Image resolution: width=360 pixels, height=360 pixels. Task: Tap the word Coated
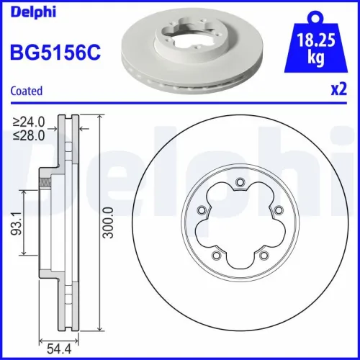(25, 91)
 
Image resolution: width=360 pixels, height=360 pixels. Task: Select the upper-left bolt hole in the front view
(202, 210)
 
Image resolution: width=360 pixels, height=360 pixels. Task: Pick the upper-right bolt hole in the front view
(277, 209)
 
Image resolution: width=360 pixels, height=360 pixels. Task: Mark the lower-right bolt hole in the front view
(264, 255)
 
